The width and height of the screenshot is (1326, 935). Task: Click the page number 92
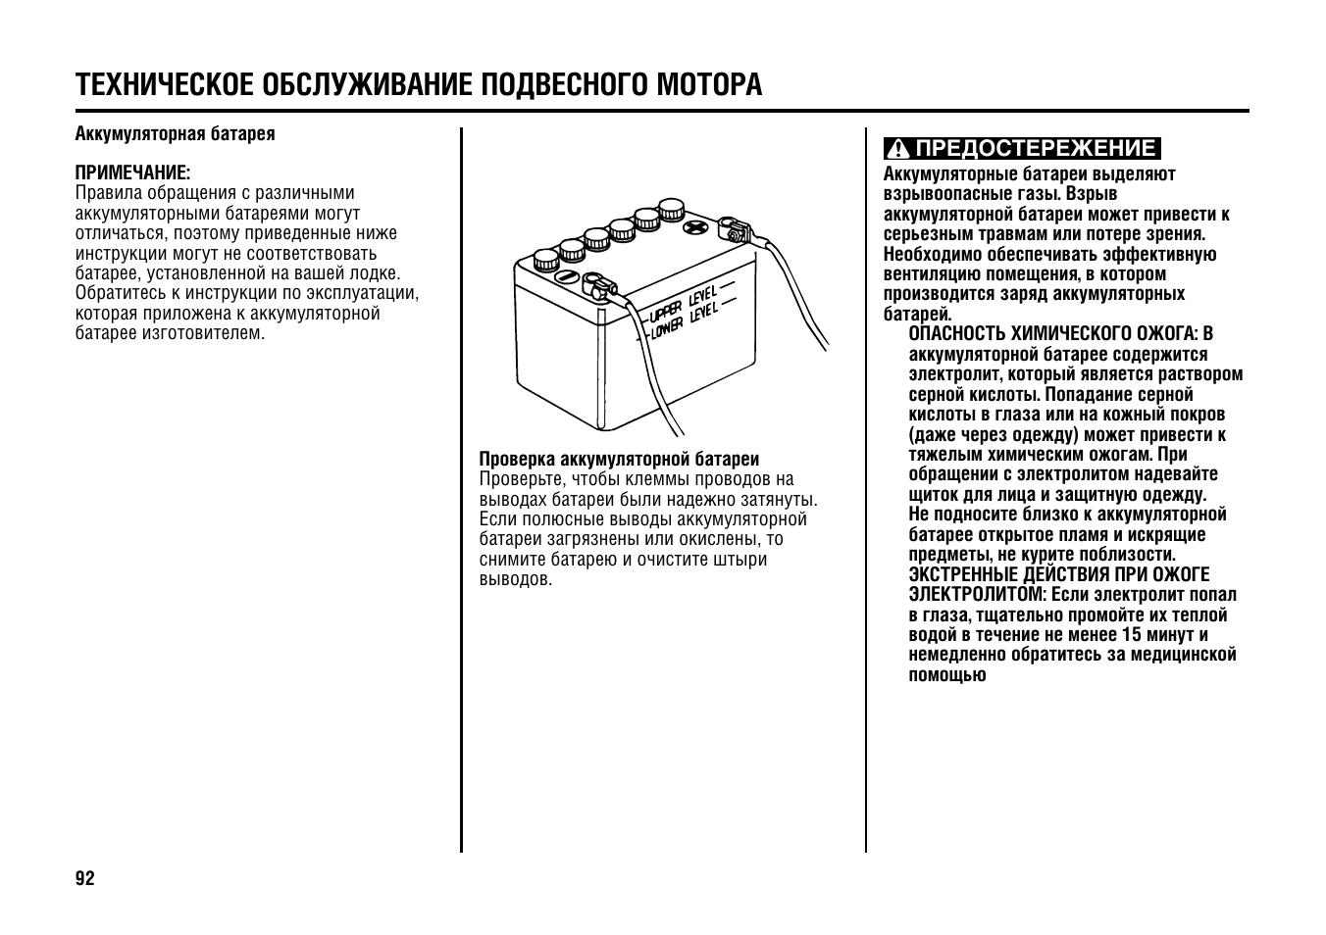click(85, 877)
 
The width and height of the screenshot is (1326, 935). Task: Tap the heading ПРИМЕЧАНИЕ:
click(132, 172)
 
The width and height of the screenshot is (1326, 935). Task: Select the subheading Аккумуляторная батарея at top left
click(175, 133)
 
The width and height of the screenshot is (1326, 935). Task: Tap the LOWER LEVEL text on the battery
click(684, 320)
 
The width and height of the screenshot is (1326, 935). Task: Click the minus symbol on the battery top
click(566, 277)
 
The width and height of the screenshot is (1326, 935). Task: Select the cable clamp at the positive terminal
click(735, 232)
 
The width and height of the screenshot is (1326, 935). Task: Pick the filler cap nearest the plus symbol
click(671, 209)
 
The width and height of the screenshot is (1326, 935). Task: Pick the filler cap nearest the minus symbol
click(545, 260)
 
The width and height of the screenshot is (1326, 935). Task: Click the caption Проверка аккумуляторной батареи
click(619, 459)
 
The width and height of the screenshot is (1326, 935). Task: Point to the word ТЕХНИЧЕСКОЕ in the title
click(163, 85)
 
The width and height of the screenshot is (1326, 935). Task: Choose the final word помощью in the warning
click(946, 674)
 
